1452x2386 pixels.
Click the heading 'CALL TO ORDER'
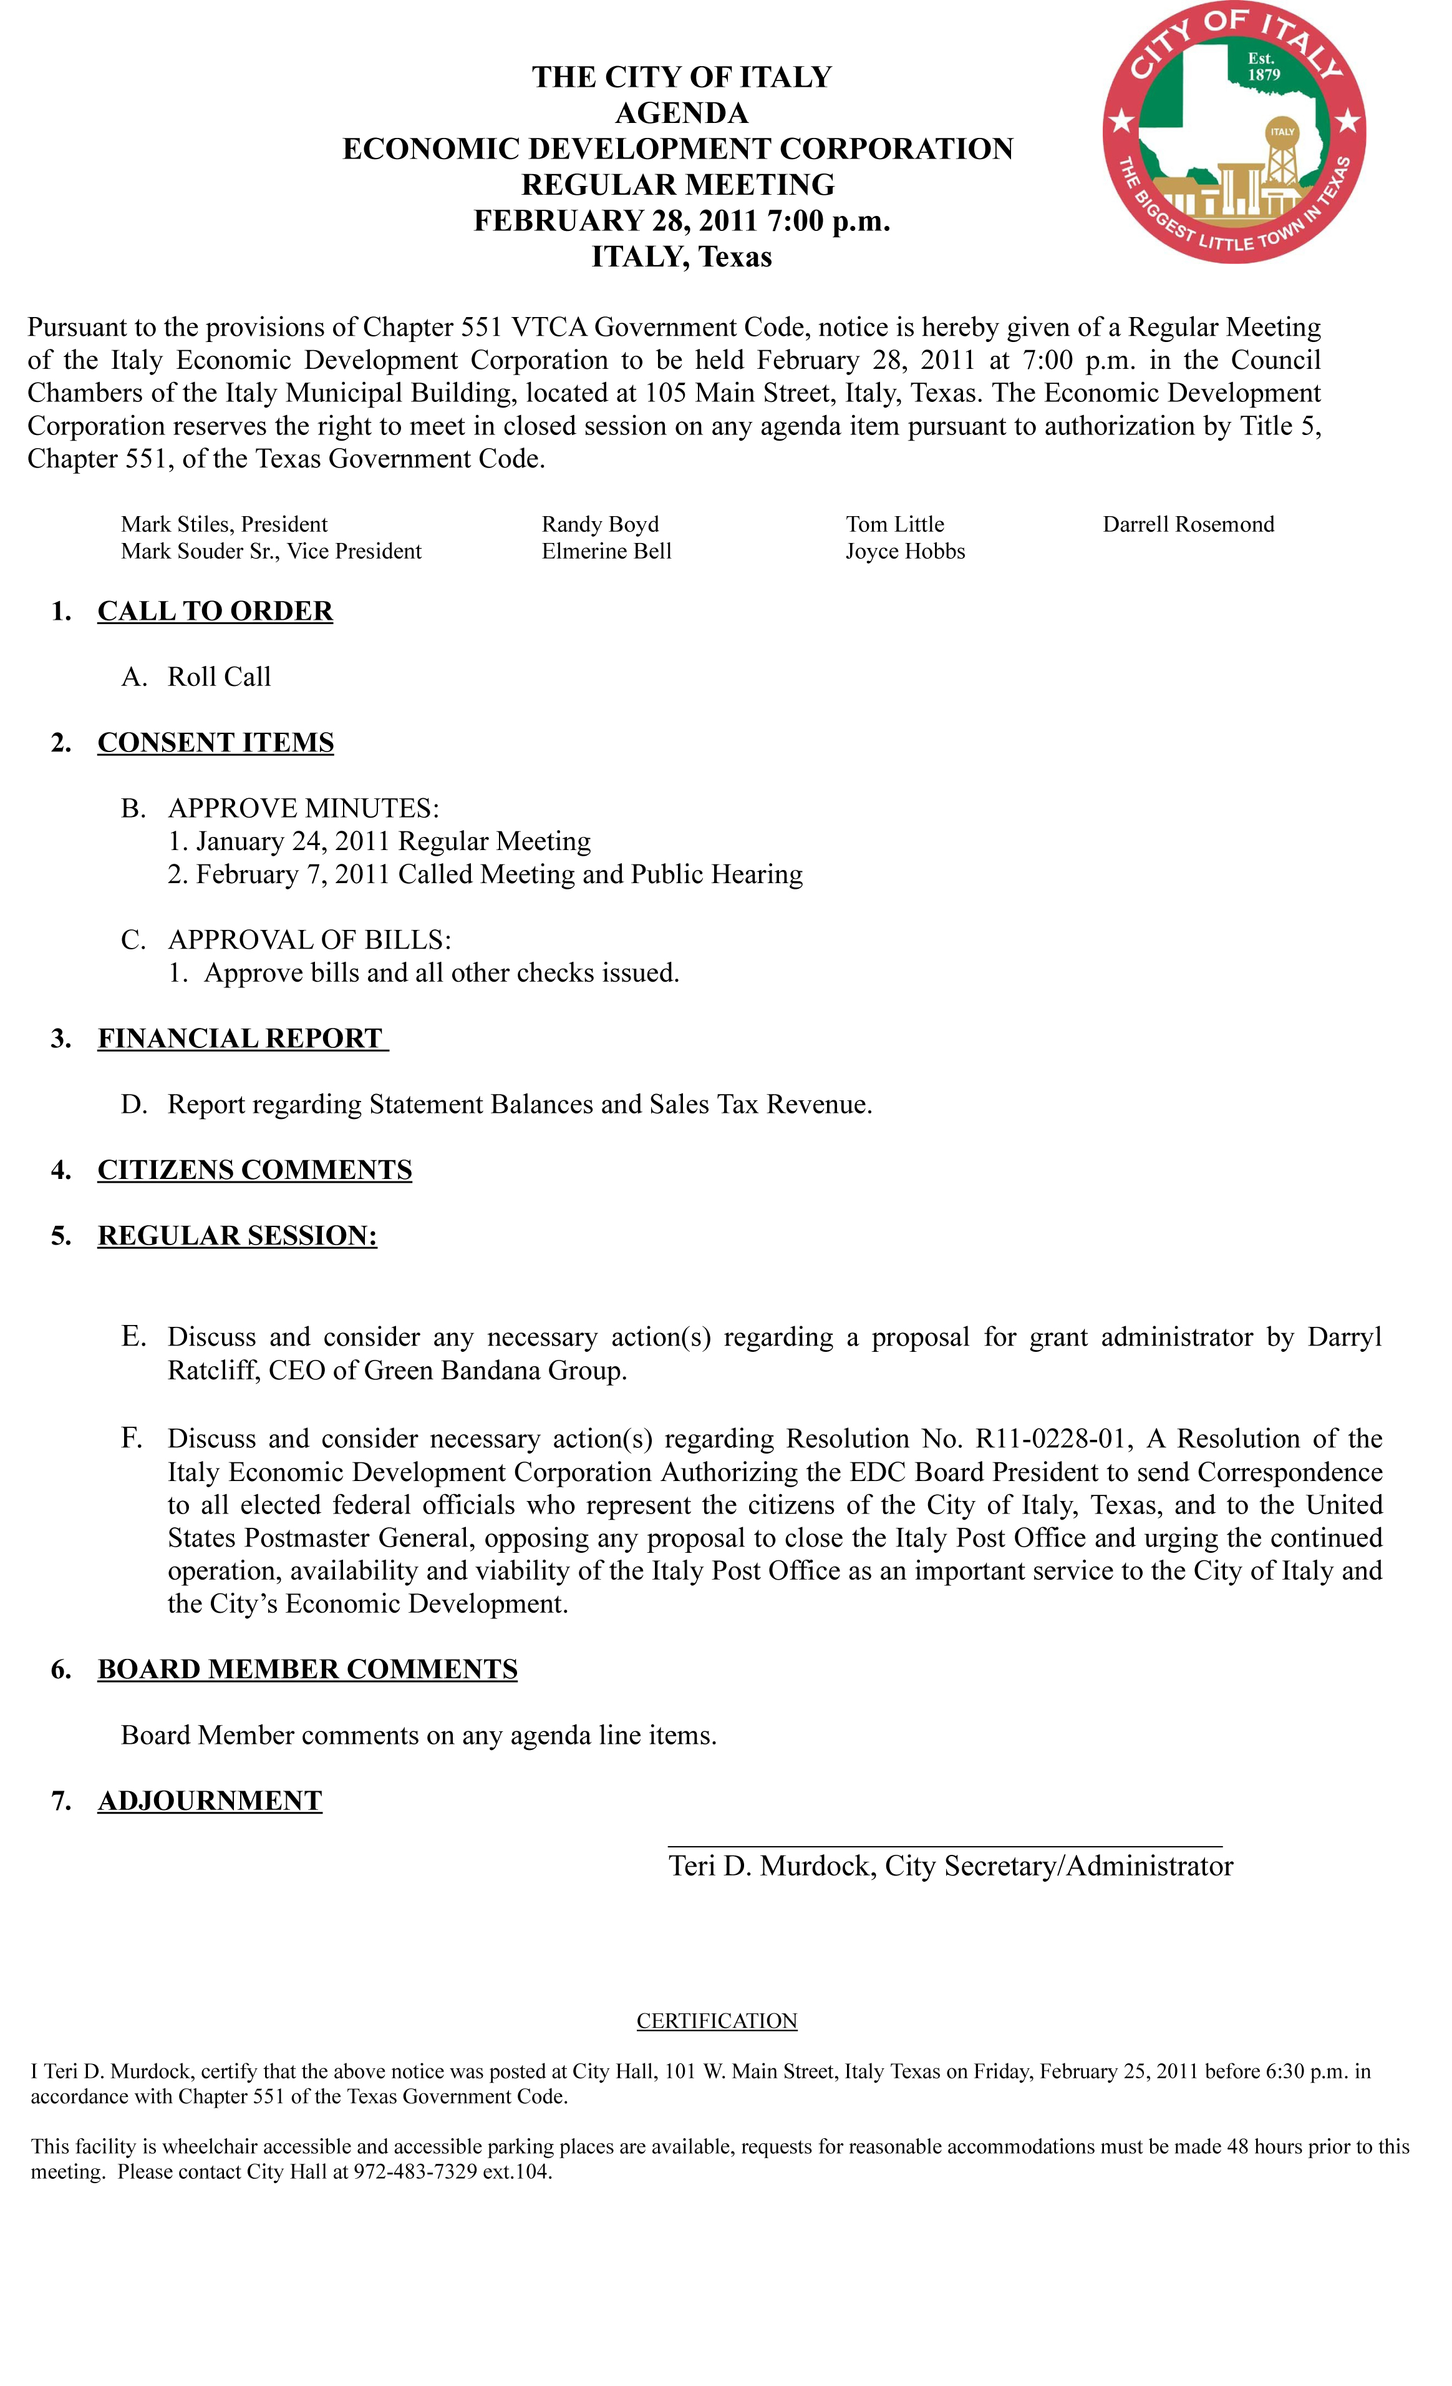coord(215,611)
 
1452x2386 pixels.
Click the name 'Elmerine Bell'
coord(606,551)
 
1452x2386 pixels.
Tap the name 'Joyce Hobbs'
coord(904,551)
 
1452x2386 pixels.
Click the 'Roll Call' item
coord(219,677)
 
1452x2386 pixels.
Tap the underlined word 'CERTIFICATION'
coord(716,2020)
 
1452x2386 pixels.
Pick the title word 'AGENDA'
coord(682,114)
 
